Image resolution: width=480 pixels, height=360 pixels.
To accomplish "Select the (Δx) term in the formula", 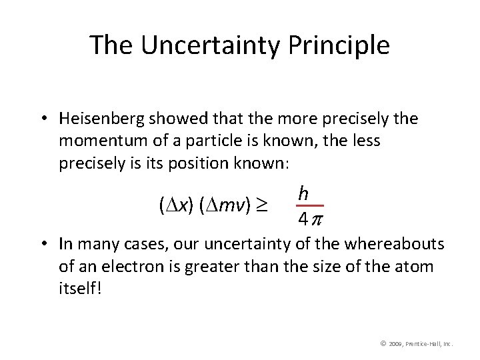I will tap(171, 207).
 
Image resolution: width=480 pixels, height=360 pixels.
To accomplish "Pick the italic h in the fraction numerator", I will tap(303, 193).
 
